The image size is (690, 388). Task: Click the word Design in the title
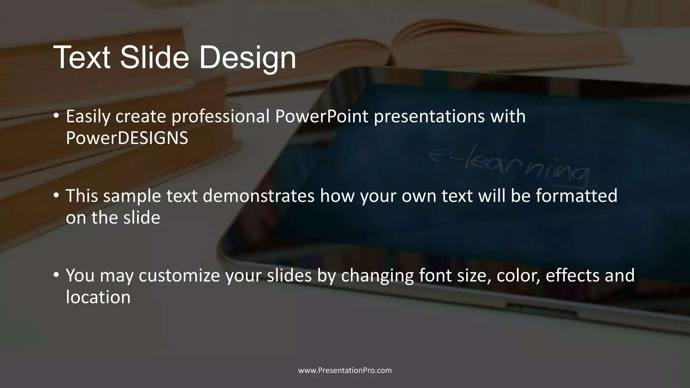point(247,58)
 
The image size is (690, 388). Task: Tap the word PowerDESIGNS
point(127,138)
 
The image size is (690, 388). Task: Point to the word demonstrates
point(258,196)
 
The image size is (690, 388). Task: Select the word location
point(98,297)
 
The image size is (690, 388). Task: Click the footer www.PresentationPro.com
point(345,370)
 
